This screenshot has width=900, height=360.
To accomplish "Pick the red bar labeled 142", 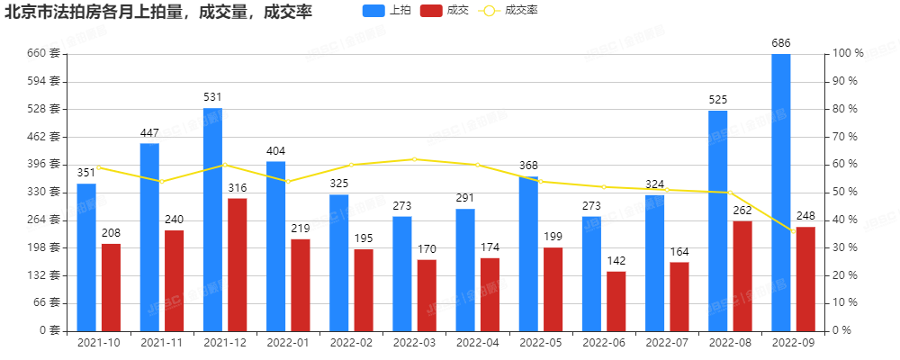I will point(616,301).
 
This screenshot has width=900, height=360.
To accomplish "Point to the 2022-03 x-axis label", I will point(414,343).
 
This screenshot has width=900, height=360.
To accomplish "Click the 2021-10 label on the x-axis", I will point(99,343).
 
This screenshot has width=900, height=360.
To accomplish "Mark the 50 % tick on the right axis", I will point(846,192).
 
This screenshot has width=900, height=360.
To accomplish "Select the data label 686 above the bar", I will point(781,42).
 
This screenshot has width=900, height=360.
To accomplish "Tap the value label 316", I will point(237,187).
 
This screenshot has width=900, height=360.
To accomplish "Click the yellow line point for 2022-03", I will point(414,159).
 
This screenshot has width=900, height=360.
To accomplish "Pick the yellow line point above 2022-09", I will point(793,230).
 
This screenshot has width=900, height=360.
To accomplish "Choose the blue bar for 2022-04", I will point(465,269).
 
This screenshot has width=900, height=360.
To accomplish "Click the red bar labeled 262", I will point(742,275).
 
